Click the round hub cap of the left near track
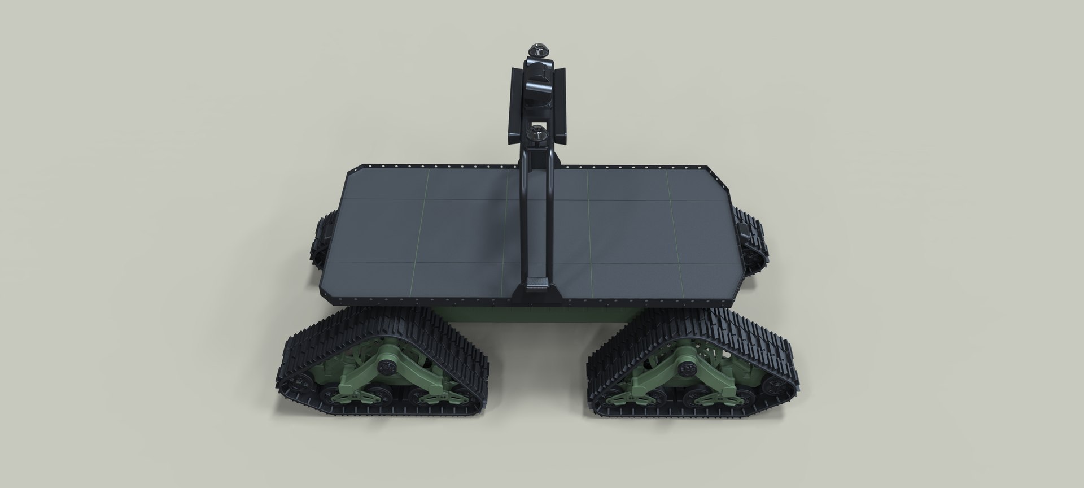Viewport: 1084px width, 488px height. point(386,368)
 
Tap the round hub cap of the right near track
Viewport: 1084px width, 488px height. point(688,368)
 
